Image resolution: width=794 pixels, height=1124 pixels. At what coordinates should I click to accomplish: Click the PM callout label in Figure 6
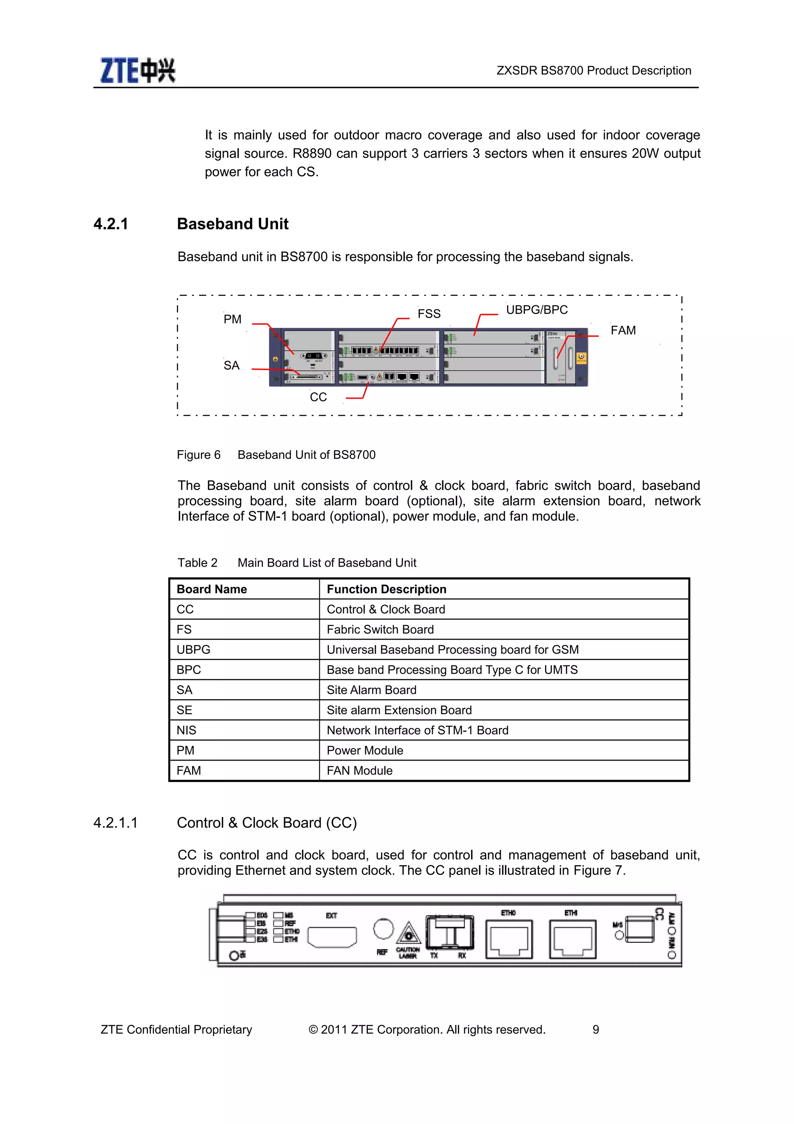click(232, 319)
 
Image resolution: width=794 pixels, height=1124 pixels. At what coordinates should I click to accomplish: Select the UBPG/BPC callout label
click(536, 310)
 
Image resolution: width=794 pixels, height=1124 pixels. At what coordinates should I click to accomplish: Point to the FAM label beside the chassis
click(623, 330)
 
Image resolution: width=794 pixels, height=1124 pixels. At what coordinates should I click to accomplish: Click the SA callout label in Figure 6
click(231, 366)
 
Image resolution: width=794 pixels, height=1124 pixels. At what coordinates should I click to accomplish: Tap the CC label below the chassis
click(318, 397)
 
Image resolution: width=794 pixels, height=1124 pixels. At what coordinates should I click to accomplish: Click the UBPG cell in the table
click(193, 650)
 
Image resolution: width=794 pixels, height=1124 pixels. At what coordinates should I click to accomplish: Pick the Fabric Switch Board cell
click(380, 629)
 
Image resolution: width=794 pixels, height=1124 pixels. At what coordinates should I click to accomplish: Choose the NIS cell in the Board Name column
click(186, 730)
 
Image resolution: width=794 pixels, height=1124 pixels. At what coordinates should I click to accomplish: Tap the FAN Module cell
click(359, 771)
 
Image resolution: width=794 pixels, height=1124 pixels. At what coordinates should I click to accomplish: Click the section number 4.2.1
click(111, 224)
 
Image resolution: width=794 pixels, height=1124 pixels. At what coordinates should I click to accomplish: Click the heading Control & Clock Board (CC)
click(267, 822)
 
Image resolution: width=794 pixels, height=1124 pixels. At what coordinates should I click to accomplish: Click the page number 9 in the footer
click(595, 1029)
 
